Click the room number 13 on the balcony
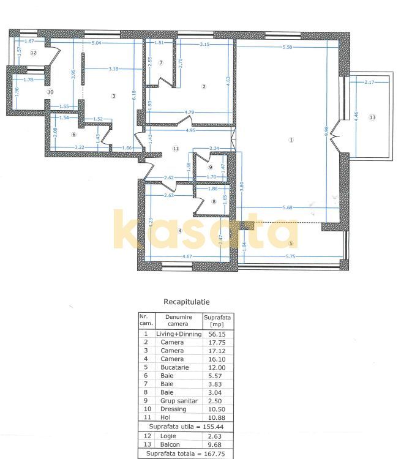tap(372, 116)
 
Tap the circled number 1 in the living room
tap(291, 140)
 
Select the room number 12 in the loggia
tap(34, 53)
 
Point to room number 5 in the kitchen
tap(291, 243)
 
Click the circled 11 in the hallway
tap(176, 148)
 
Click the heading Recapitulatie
tap(187, 302)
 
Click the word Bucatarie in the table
tap(172, 367)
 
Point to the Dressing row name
tap(172, 409)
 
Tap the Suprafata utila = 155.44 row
tap(187, 424)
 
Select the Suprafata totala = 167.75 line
tap(187, 454)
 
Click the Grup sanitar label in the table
tap(172, 400)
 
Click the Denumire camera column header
tap(172, 321)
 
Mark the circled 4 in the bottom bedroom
tap(180, 231)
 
